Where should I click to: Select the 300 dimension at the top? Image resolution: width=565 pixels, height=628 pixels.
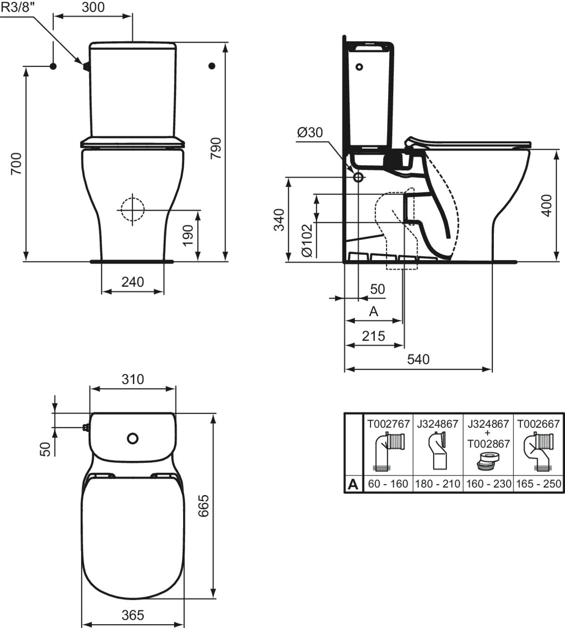click(x=93, y=8)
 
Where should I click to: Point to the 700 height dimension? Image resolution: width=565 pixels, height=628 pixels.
click(x=16, y=164)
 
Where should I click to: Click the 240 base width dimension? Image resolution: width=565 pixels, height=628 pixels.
click(x=133, y=282)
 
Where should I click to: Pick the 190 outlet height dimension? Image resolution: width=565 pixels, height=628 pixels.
click(x=187, y=235)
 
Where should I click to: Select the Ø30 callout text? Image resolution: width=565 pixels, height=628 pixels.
click(x=310, y=133)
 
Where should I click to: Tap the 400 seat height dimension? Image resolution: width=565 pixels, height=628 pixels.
click(x=546, y=205)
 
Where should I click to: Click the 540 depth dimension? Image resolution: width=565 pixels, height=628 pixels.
click(x=418, y=359)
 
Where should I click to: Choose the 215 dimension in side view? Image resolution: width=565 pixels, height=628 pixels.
click(x=373, y=336)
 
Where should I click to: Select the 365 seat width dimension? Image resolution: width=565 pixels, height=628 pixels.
click(x=132, y=615)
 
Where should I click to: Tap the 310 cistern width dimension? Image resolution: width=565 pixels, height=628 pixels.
click(x=133, y=379)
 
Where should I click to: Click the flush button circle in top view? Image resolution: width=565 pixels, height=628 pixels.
click(x=133, y=438)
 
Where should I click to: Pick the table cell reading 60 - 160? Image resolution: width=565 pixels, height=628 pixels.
click(x=387, y=484)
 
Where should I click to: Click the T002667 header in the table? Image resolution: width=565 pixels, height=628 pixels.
click(x=538, y=424)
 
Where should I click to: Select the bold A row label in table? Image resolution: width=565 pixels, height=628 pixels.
click(x=353, y=484)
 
